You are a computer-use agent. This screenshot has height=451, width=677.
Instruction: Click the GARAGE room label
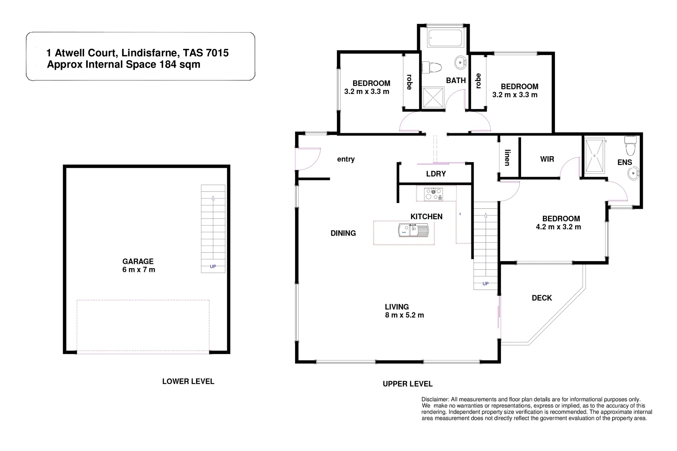coord(137,261)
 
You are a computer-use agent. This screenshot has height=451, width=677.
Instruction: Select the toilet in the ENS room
coord(629,146)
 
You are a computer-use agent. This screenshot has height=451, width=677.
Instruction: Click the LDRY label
coord(436,174)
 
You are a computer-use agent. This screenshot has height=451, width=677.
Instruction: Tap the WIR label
coord(547,159)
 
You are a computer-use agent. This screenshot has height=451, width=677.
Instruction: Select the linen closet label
coord(507,158)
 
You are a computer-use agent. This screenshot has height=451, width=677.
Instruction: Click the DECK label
coord(542,298)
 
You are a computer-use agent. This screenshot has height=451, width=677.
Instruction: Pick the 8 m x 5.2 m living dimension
coord(404,315)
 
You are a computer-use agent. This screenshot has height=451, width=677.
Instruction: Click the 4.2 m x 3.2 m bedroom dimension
coord(558,227)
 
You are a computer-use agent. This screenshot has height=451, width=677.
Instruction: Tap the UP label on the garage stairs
coord(213,266)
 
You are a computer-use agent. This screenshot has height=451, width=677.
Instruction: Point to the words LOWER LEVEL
coord(188,381)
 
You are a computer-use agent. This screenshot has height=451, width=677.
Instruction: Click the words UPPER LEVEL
coord(407,384)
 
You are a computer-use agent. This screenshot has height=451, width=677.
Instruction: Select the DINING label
coord(343,233)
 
